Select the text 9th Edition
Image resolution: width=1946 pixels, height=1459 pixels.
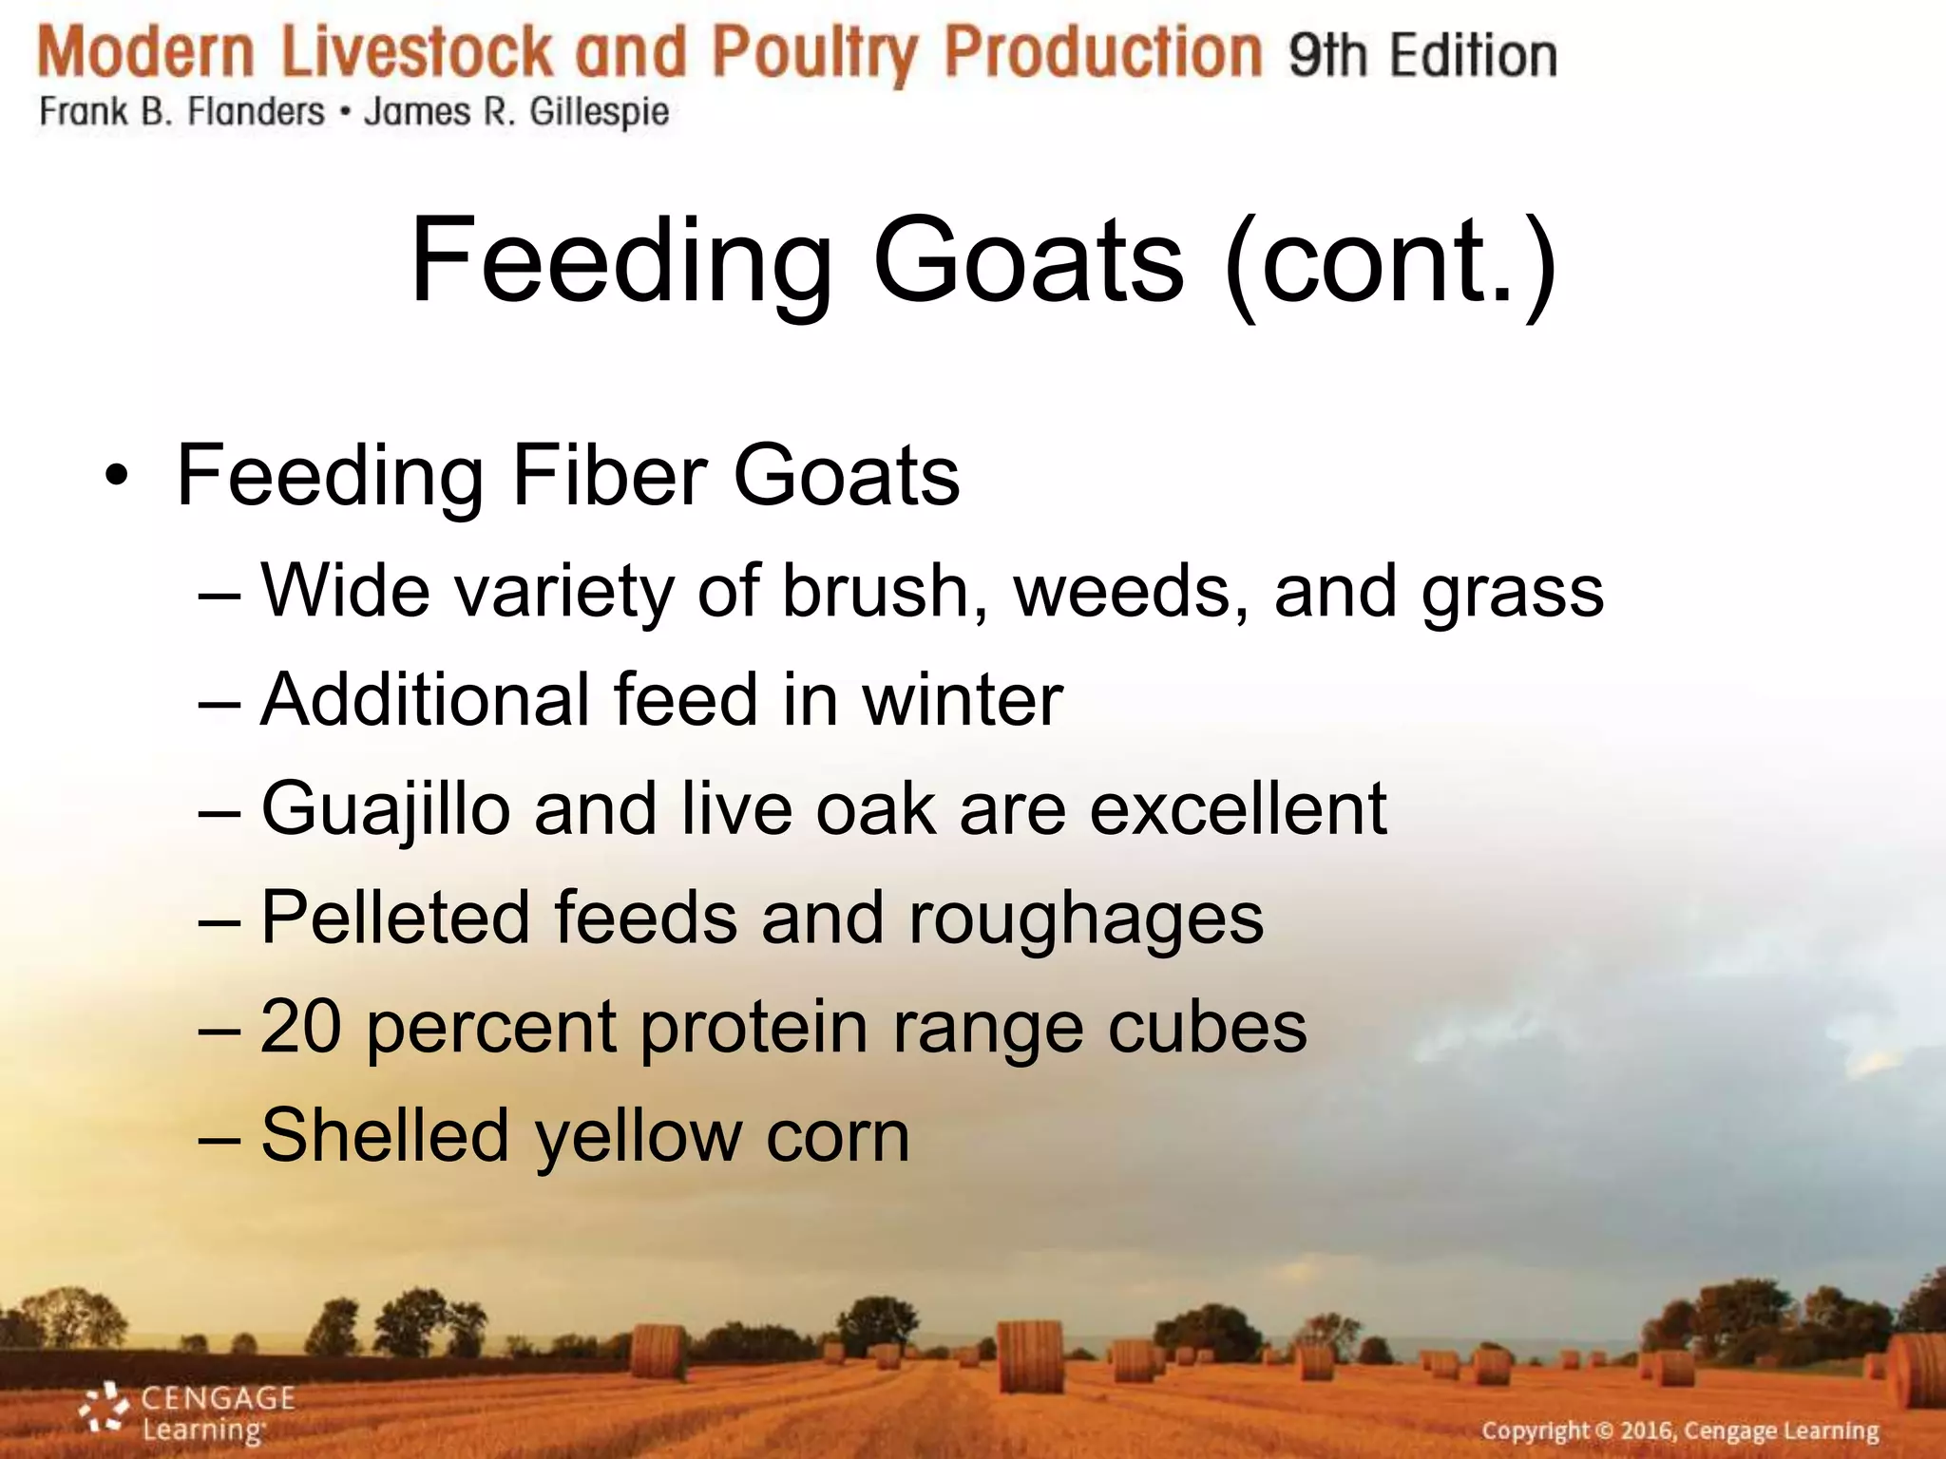[x=1422, y=55]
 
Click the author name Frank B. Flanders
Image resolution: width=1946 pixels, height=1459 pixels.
[x=181, y=112]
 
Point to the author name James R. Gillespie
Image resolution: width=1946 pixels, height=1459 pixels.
[x=517, y=112]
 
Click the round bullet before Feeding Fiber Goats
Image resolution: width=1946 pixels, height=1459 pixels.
[x=116, y=475]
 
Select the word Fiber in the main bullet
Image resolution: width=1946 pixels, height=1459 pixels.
[x=609, y=475]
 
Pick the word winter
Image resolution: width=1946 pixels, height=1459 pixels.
[x=962, y=700]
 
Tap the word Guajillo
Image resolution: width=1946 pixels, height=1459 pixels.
[x=386, y=810]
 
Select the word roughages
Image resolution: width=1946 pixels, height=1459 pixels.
[x=1085, y=919]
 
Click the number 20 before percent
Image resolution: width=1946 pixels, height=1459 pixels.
[x=300, y=1027]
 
